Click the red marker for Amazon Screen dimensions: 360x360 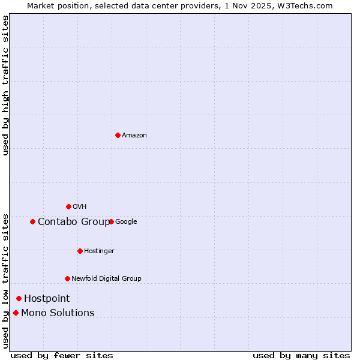pyautogui.click(x=118, y=135)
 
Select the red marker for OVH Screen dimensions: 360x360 pyautogui.click(x=68, y=206)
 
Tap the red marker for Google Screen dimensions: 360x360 pyautogui.click(x=111, y=221)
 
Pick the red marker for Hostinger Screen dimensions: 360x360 pyautogui.click(x=80, y=251)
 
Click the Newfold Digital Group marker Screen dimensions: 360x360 pyautogui.click(x=67, y=278)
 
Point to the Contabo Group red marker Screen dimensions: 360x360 pyautogui.click(x=32, y=221)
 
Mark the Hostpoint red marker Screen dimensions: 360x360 pyautogui.click(x=19, y=298)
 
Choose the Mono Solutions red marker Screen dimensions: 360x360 pyautogui.click(x=16, y=313)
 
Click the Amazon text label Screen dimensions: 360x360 pyautogui.click(x=134, y=136)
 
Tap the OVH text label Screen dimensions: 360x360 pyautogui.click(x=80, y=207)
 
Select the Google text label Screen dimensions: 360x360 pyautogui.click(x=126, y=222)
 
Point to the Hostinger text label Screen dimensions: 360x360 pyautogui.click(x=99, y=251)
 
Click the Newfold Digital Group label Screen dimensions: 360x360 pyautogui.click(x=106, y=279)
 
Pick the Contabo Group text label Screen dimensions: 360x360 pyautogui.click(x=74, y=222)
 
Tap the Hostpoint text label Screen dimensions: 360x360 pyautogui.click(x=47, y=299)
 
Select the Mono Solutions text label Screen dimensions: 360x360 pyautogui.click(x=58, y=313)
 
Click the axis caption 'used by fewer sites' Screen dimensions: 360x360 pyautogui.click(x=62, y=355)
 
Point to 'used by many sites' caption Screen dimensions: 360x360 pyautogui.click(x=301, y=355)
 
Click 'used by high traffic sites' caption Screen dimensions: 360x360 pyautogui.click(x=6, y=85)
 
